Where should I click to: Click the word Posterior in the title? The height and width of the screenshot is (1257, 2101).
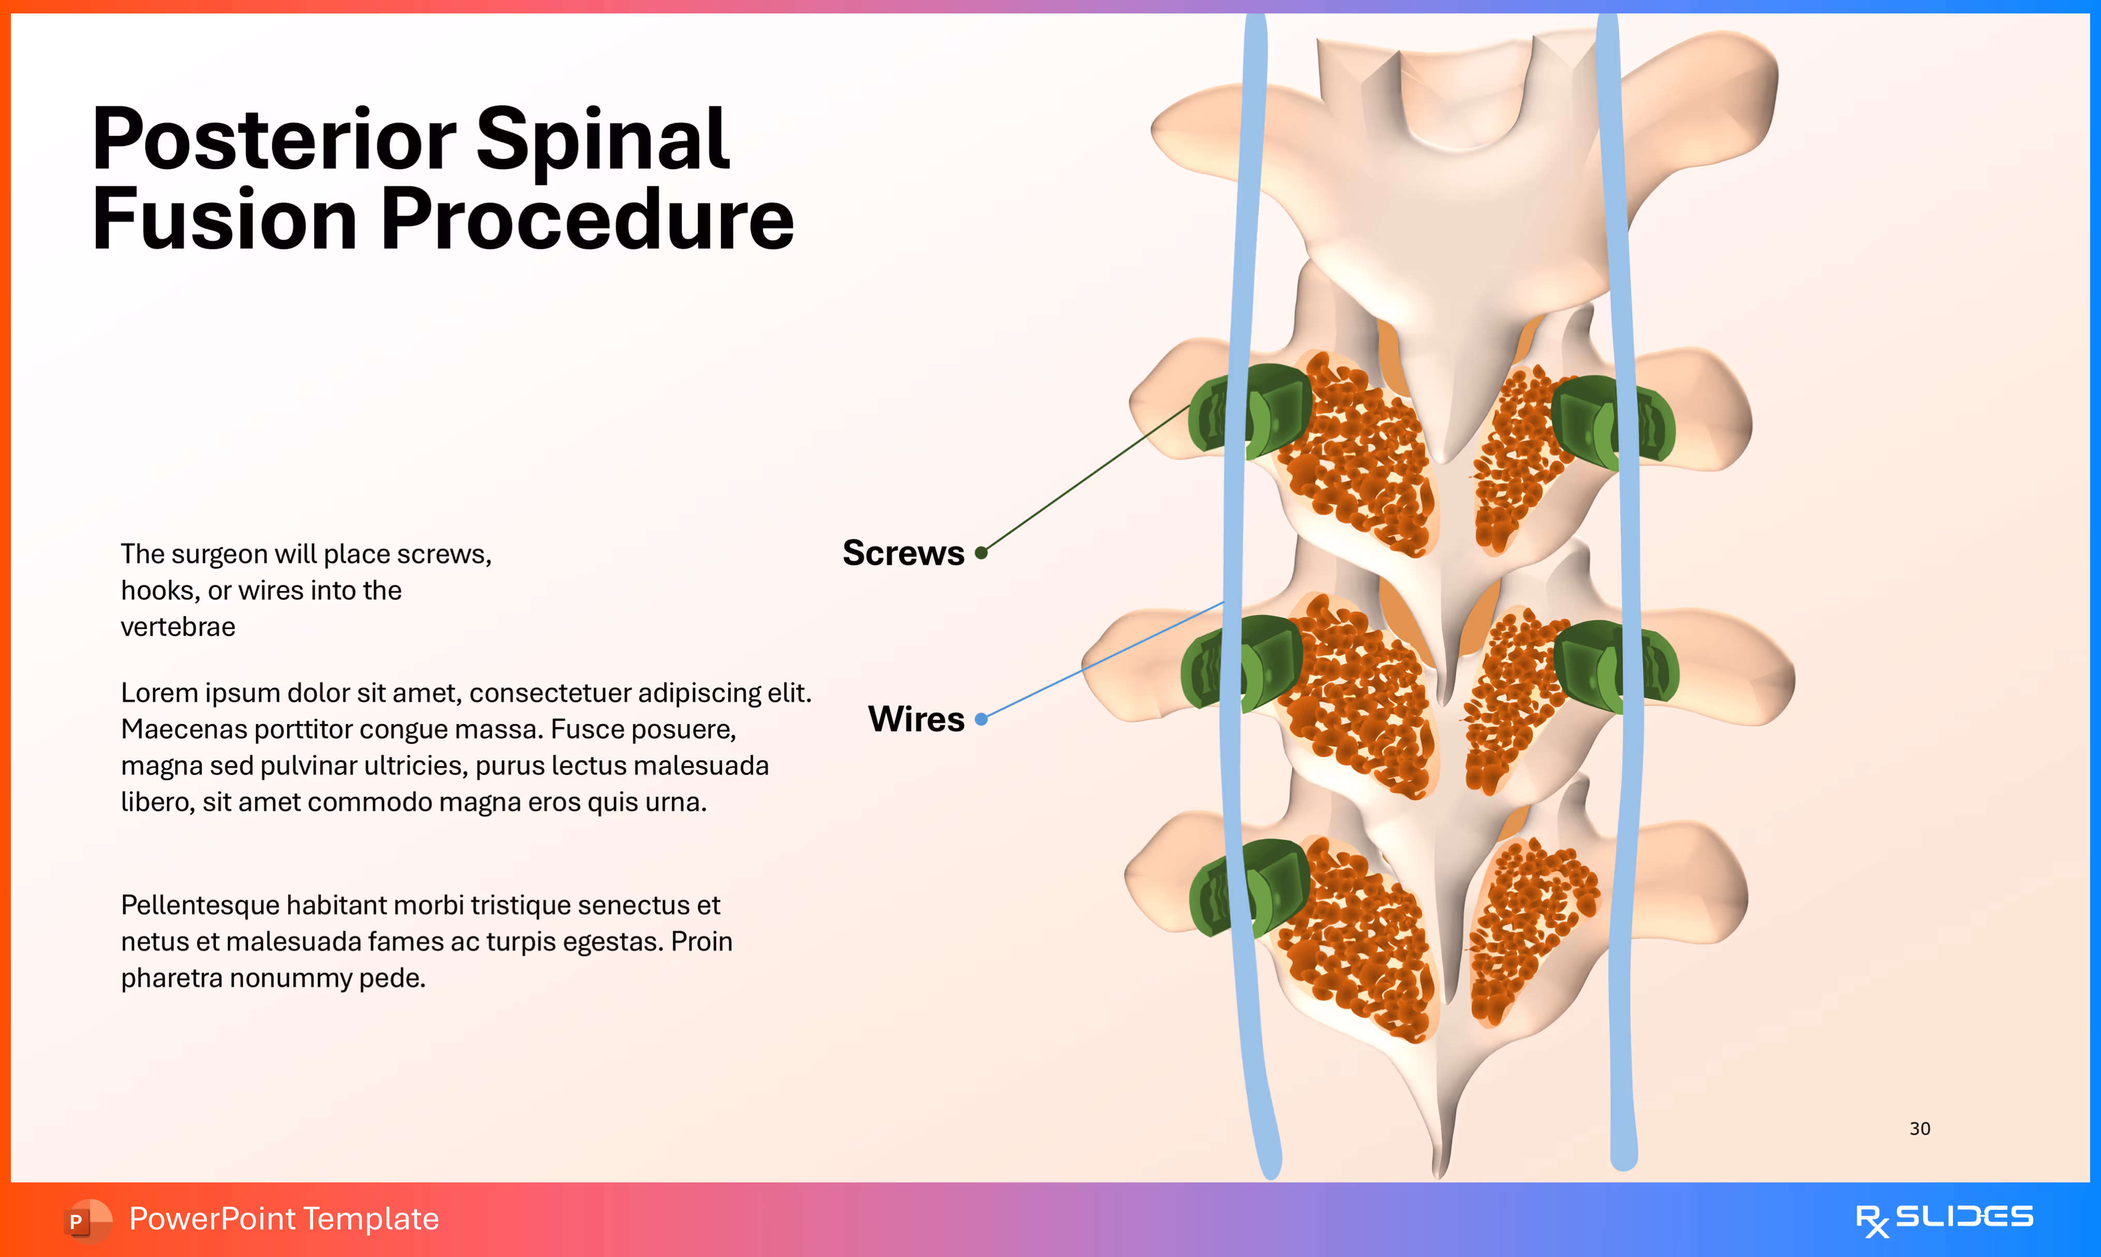273,140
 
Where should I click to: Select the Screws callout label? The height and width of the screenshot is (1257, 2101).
903,553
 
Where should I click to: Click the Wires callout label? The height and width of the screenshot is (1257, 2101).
916,719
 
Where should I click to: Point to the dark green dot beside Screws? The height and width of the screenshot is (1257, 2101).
981,553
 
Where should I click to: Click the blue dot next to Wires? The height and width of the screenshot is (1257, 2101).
981,719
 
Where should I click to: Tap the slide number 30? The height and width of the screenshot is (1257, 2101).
1920,1128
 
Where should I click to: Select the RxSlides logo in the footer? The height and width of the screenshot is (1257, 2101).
1944,1219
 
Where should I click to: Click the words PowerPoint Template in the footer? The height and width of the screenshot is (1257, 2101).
284,1219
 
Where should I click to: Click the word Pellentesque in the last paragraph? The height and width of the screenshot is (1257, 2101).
200,905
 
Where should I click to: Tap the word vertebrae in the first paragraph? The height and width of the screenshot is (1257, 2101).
178,627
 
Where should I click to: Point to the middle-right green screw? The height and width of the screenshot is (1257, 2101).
1615,667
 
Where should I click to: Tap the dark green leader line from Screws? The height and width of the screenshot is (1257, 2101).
1089,478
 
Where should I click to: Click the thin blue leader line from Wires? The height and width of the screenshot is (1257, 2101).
1101,661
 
